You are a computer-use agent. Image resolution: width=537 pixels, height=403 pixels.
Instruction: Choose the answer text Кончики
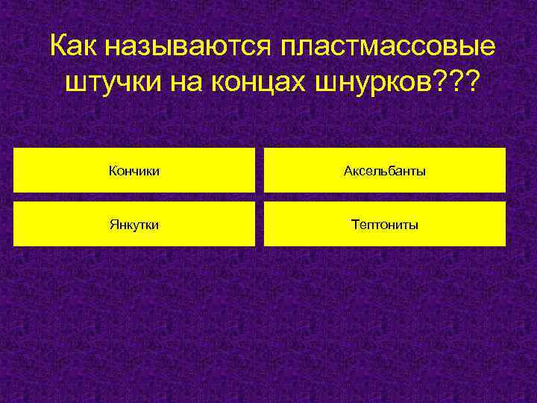pyautogui.click(x=134, y=172)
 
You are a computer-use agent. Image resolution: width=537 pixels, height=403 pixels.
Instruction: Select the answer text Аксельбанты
pyautogui.click(x=384, y=172)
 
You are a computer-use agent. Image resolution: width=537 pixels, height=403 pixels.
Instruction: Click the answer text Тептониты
pyautogui.click(x=384, y=224)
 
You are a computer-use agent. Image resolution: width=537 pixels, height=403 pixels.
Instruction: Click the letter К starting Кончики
pyautogui.click(x=113, y=172)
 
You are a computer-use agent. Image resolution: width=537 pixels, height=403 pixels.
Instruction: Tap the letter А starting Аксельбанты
pyautogui.click(x=348, y=172)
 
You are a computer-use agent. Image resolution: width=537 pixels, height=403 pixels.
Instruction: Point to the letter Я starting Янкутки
pyautogui.click(x=112, y=224)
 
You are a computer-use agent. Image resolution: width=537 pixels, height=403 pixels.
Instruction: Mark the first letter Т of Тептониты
pyautogui.click(x=354, y=224)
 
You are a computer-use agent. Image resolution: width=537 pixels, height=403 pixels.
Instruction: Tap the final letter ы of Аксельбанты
pyautogui.click(x=422, y=172)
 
